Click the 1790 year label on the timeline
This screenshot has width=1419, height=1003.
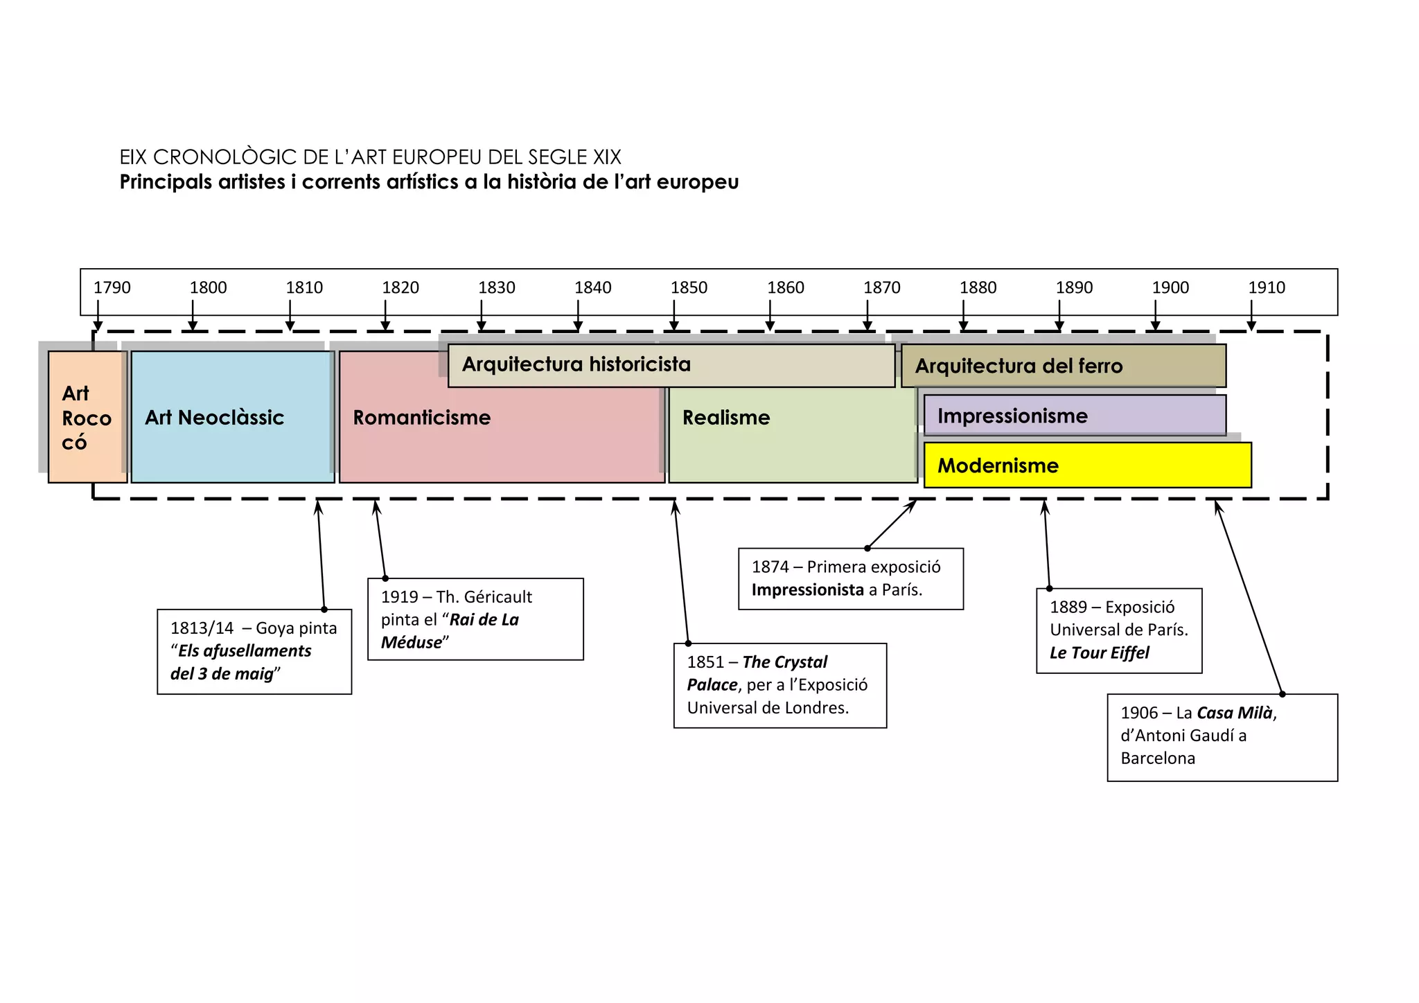112,287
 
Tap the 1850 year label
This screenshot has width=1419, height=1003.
689,287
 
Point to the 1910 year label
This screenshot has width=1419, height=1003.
1267,287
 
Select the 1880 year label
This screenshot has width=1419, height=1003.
978,287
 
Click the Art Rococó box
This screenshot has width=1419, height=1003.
87,417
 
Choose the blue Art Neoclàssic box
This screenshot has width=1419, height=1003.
233,417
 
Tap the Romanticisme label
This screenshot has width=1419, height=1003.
422,418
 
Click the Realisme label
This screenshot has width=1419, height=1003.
726,418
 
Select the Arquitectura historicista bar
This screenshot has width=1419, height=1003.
671,365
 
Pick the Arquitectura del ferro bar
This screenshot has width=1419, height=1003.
1063,366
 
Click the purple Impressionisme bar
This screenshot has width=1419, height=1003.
1074,416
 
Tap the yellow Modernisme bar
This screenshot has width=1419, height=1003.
1087,465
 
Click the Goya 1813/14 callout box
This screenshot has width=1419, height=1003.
254,651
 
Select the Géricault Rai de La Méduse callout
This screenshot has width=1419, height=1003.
475,619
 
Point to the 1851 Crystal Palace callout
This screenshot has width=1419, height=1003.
779,685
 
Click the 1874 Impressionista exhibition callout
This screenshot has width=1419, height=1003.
850,578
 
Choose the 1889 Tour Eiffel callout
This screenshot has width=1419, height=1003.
1118,630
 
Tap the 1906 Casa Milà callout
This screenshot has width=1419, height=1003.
1222,737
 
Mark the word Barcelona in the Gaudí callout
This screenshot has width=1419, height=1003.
1158,758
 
